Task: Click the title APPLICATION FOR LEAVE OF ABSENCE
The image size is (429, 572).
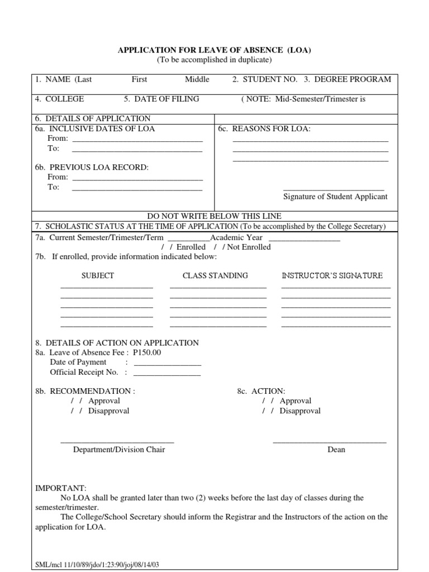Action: (214, 50)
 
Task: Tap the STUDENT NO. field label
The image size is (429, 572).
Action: (265, 79)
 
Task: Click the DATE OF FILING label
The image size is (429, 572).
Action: (161, 99)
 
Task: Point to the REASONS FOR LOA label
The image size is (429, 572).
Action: (264, 128)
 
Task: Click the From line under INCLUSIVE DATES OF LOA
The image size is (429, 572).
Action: (137, 139)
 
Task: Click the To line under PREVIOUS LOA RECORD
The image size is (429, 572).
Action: (137, 188)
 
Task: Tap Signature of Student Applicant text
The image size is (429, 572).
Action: (335, 197)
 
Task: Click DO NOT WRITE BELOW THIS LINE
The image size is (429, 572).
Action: (214, 216)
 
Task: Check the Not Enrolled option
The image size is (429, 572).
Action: (226, 247)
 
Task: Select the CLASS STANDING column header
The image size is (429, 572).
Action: (215, 275)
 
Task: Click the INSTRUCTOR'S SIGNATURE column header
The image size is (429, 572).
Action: (332, 275)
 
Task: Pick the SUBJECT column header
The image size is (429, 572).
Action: (98, 275)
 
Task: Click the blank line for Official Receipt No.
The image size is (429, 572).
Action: (166, 373)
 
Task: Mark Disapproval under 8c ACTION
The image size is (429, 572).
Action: (266, 411)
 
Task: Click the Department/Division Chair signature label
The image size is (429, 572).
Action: (119, 450)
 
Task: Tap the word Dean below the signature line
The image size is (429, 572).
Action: (336, 450)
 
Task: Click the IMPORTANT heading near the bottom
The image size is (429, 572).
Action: (61, 488)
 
